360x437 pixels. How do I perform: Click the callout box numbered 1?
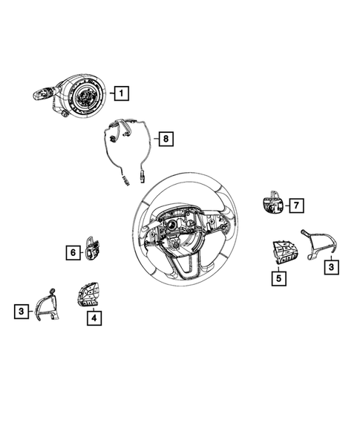(120, 93)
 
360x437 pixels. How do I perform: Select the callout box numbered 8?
(166, 139)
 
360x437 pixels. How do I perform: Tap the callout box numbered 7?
(295, 204)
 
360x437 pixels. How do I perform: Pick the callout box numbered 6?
(73, 253)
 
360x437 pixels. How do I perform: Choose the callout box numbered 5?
(278, 279)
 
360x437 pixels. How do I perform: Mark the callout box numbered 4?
(94, 318)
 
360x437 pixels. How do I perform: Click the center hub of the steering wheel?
(178, 226)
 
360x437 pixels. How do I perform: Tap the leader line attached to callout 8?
(154, 139)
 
